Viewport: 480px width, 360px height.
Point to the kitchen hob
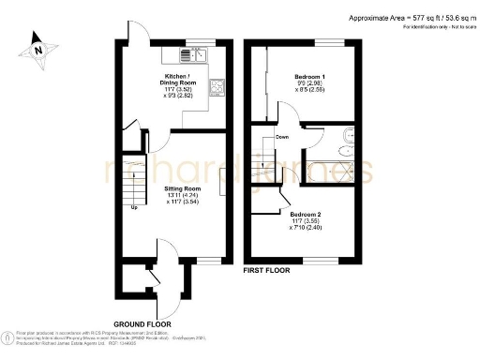pyautogui.click(x=217, y=88)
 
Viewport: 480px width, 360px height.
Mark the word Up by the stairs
pyautogui.click(x=134, y=207)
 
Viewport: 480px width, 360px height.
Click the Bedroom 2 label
pyautogui.click(x=311, y=213)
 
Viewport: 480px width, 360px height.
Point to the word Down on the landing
pyautogui.click(x=281, y=138)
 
